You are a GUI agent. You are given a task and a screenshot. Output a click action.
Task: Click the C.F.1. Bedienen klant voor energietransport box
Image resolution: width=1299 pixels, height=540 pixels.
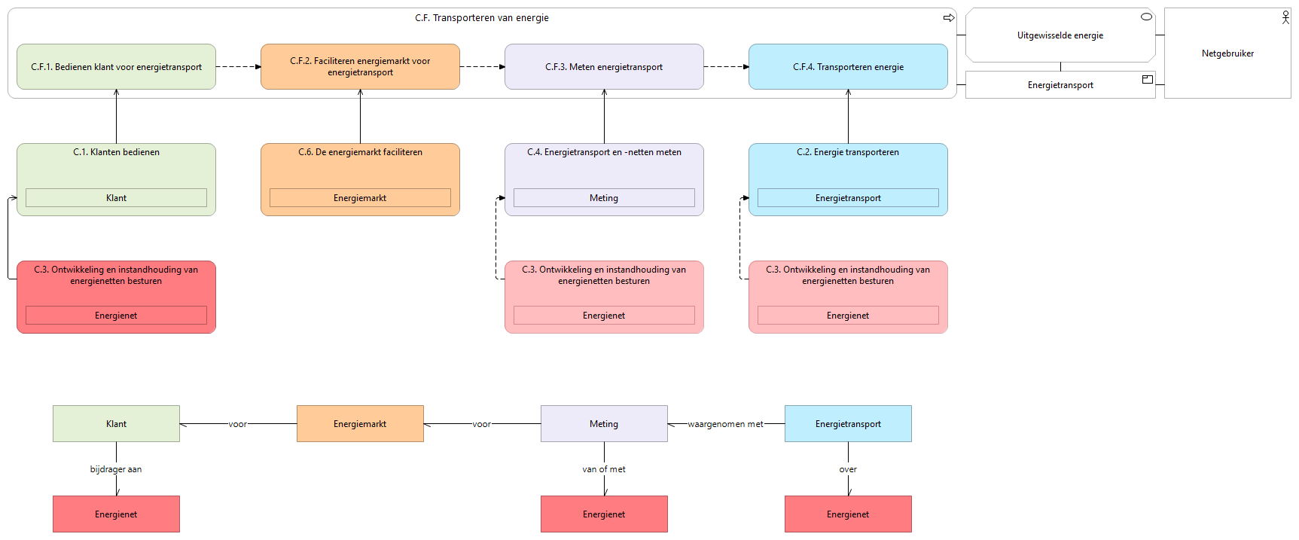116,67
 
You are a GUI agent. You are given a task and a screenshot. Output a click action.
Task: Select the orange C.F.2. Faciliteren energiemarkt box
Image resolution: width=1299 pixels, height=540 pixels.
360,67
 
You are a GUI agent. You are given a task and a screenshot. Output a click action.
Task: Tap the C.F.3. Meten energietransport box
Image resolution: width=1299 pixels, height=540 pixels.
604,67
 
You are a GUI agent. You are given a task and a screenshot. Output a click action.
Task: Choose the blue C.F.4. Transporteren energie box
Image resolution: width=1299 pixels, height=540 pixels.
848,67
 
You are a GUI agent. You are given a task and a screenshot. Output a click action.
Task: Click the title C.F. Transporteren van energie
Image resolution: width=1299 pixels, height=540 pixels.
482,18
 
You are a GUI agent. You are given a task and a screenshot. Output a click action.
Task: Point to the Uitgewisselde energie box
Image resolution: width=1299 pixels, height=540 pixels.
1060,35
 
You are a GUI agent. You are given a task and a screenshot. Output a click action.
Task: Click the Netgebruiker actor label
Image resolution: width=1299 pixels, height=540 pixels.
1227,53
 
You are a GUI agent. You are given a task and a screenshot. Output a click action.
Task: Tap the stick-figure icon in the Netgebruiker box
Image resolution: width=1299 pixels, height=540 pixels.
1285,17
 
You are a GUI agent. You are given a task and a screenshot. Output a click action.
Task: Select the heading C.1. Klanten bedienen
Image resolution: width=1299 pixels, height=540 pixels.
116,152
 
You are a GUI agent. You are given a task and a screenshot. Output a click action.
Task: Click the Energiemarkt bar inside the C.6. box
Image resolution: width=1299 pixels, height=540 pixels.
360,198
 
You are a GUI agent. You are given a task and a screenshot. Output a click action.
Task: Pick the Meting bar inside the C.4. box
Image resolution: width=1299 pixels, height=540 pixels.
604,198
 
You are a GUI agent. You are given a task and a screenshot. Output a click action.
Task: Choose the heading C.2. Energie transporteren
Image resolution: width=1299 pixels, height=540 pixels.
848,152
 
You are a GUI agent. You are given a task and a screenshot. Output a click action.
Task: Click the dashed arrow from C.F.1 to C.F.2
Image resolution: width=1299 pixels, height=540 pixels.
238,67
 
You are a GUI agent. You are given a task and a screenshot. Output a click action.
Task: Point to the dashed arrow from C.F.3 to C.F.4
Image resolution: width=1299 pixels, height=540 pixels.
726,67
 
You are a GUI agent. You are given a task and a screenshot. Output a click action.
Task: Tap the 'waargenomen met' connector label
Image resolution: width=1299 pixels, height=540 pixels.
725,424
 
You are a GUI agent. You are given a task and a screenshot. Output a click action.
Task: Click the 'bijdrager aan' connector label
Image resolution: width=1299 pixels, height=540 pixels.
116,469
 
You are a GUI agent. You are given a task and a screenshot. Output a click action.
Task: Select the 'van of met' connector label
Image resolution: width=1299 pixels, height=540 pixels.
604,469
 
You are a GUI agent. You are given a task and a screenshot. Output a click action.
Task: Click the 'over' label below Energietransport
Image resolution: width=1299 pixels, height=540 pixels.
848,469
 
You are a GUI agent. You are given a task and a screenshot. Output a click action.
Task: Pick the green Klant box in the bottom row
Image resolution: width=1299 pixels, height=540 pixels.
116,424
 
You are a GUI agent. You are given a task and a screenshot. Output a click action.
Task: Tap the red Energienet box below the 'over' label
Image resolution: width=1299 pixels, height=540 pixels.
848,514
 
